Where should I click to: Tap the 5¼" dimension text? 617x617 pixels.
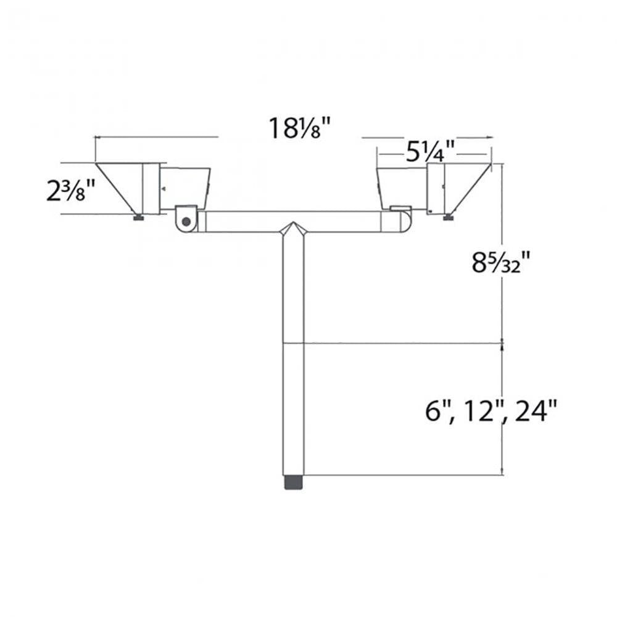[430, 150]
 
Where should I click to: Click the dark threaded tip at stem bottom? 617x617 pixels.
[294, 482]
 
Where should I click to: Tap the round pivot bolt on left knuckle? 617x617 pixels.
[186, 221]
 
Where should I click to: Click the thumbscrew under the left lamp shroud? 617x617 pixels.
[139, 217]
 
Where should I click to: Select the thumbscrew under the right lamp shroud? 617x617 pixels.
[448, 216]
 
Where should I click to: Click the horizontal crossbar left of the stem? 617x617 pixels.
[241, 222]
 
